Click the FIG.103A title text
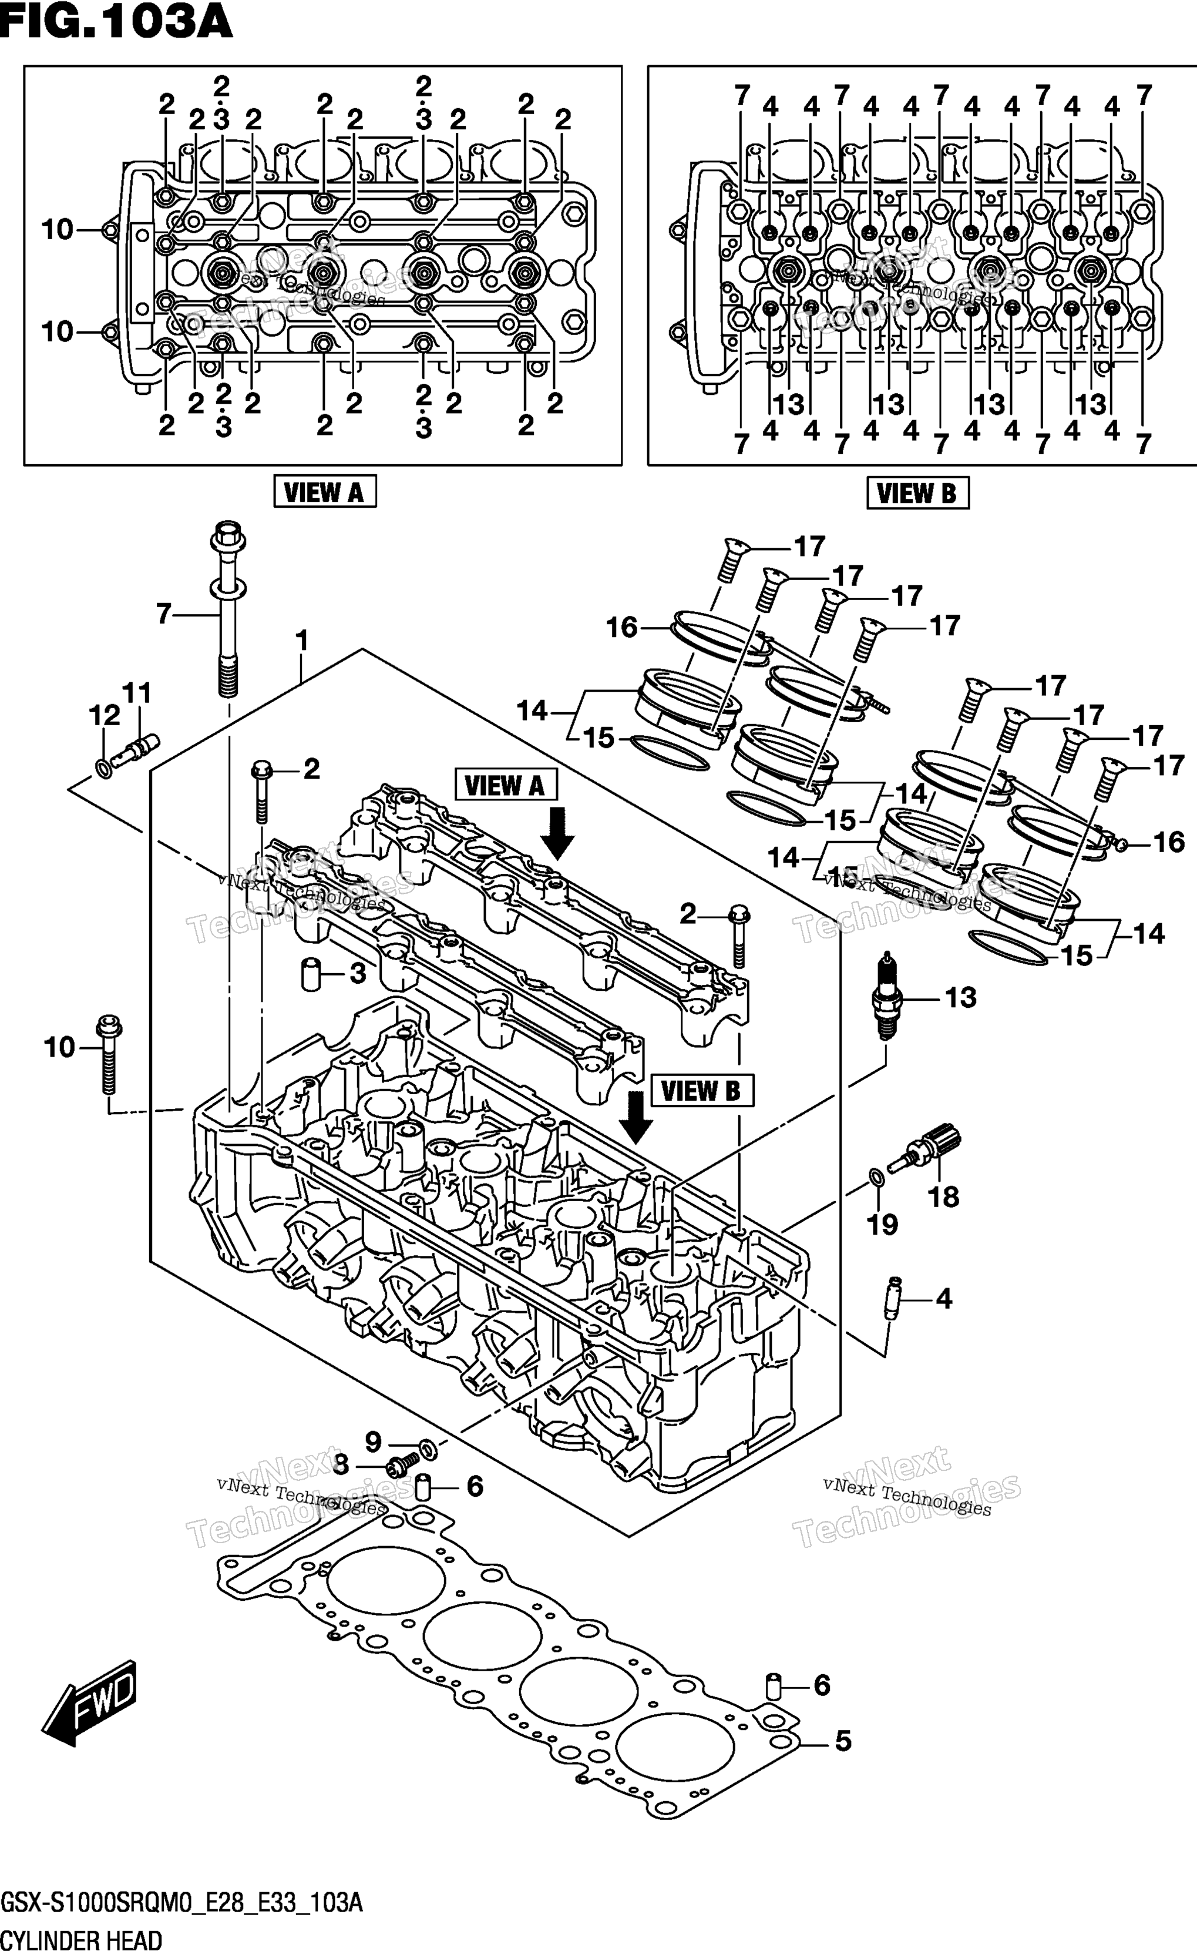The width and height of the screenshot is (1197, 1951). pyautogui.click(x=116, y=22)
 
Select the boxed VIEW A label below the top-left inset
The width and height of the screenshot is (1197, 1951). pyautogui.click(x=325, y=492)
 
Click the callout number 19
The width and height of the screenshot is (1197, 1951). pyautogui.click(x=883, y=1225)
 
